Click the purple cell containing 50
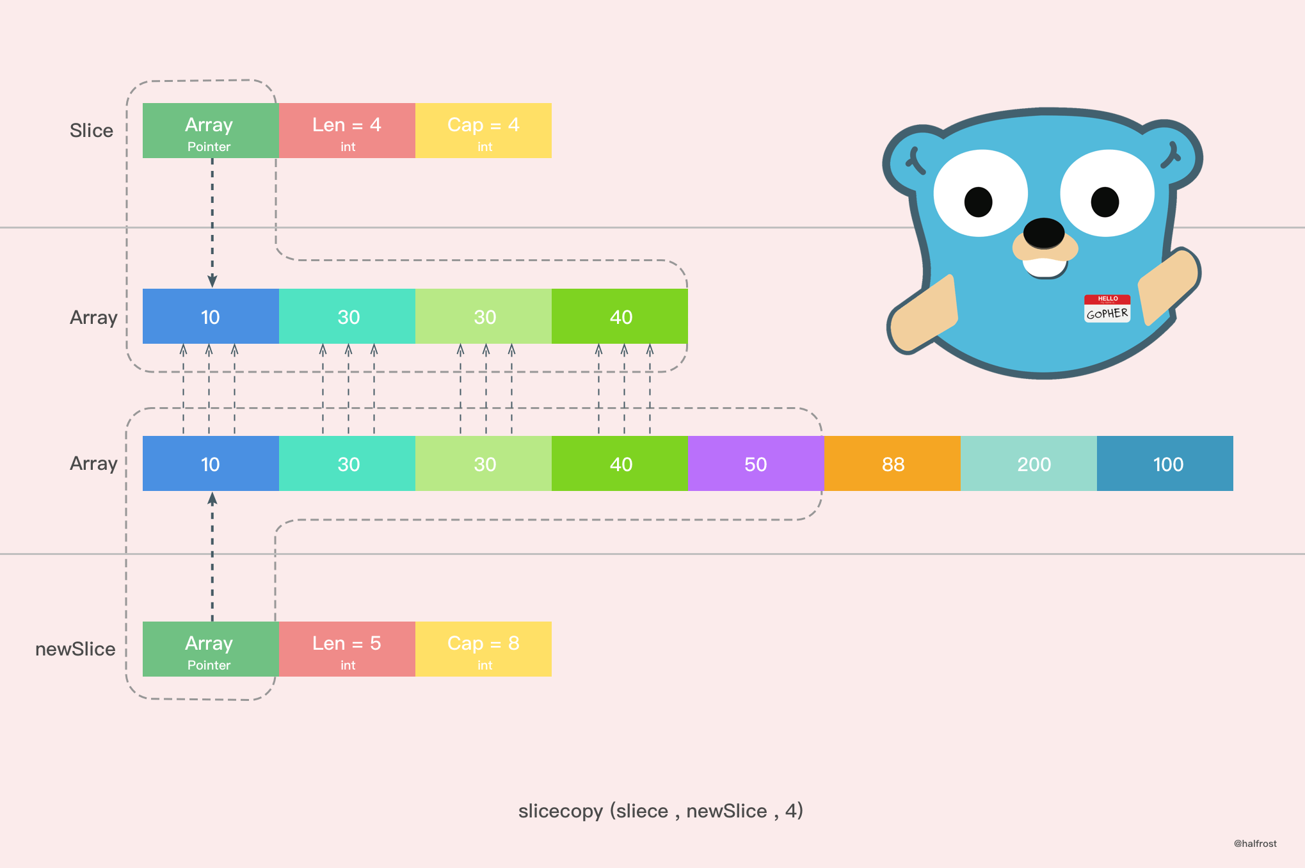[x=755, y=463]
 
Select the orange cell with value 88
[x=892, y=463]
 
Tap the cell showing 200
[x=1029, y=463]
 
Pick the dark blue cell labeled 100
[x=1165, y=463]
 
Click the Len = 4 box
[x=347, y=131]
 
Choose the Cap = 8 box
[x=483, y=649]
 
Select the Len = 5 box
[x=347, y=649]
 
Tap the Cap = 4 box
[x=483, y=131]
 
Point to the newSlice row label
[x=76, y=649]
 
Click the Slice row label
[x=92, y=131]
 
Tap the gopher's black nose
[x=1044, y=232]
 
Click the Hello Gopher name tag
[x=1107, y=309]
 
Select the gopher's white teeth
[x=1045, y=268]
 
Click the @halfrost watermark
[x=1255, y=844]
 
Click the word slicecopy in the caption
[x=561, y=811]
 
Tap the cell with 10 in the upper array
[x=211, y=316]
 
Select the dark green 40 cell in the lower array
[x=620, y=463]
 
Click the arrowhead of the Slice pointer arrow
[x=212, y=281]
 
